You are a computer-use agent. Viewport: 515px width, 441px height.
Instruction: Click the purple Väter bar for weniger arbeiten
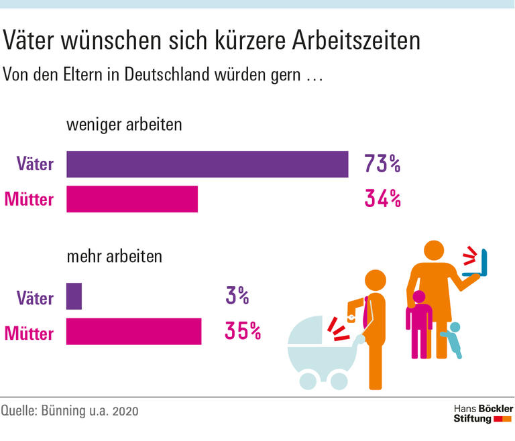point(207,164)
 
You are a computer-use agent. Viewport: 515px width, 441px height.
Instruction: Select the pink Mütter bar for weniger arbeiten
point(132,199)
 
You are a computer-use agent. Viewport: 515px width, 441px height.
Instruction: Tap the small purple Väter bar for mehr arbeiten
point(74,296)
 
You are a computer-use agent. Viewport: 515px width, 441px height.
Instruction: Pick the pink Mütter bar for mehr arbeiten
point(133,331)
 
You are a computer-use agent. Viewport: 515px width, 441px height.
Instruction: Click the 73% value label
point(382,164)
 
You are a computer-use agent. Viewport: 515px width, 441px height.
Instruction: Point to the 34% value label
point(382,199)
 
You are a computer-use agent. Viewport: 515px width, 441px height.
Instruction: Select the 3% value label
point(237,296)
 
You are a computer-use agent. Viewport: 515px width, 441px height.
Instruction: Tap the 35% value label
point(243,331)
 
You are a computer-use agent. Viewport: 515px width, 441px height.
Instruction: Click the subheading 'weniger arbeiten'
point(124,125)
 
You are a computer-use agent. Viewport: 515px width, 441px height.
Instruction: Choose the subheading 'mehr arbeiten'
point(114,257)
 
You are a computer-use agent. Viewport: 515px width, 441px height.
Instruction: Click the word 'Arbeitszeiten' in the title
point(356,42)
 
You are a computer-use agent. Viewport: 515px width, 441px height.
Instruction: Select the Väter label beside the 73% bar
point(36,164)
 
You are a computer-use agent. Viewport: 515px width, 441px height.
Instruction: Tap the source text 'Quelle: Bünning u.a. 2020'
point(70,410)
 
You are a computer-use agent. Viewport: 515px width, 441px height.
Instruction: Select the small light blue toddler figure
point(453,339)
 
